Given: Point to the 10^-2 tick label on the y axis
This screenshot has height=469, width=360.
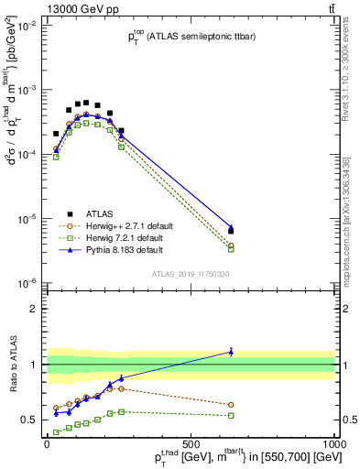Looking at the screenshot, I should point(27,27).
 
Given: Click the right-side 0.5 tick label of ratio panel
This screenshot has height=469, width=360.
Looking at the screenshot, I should point(348,420).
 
